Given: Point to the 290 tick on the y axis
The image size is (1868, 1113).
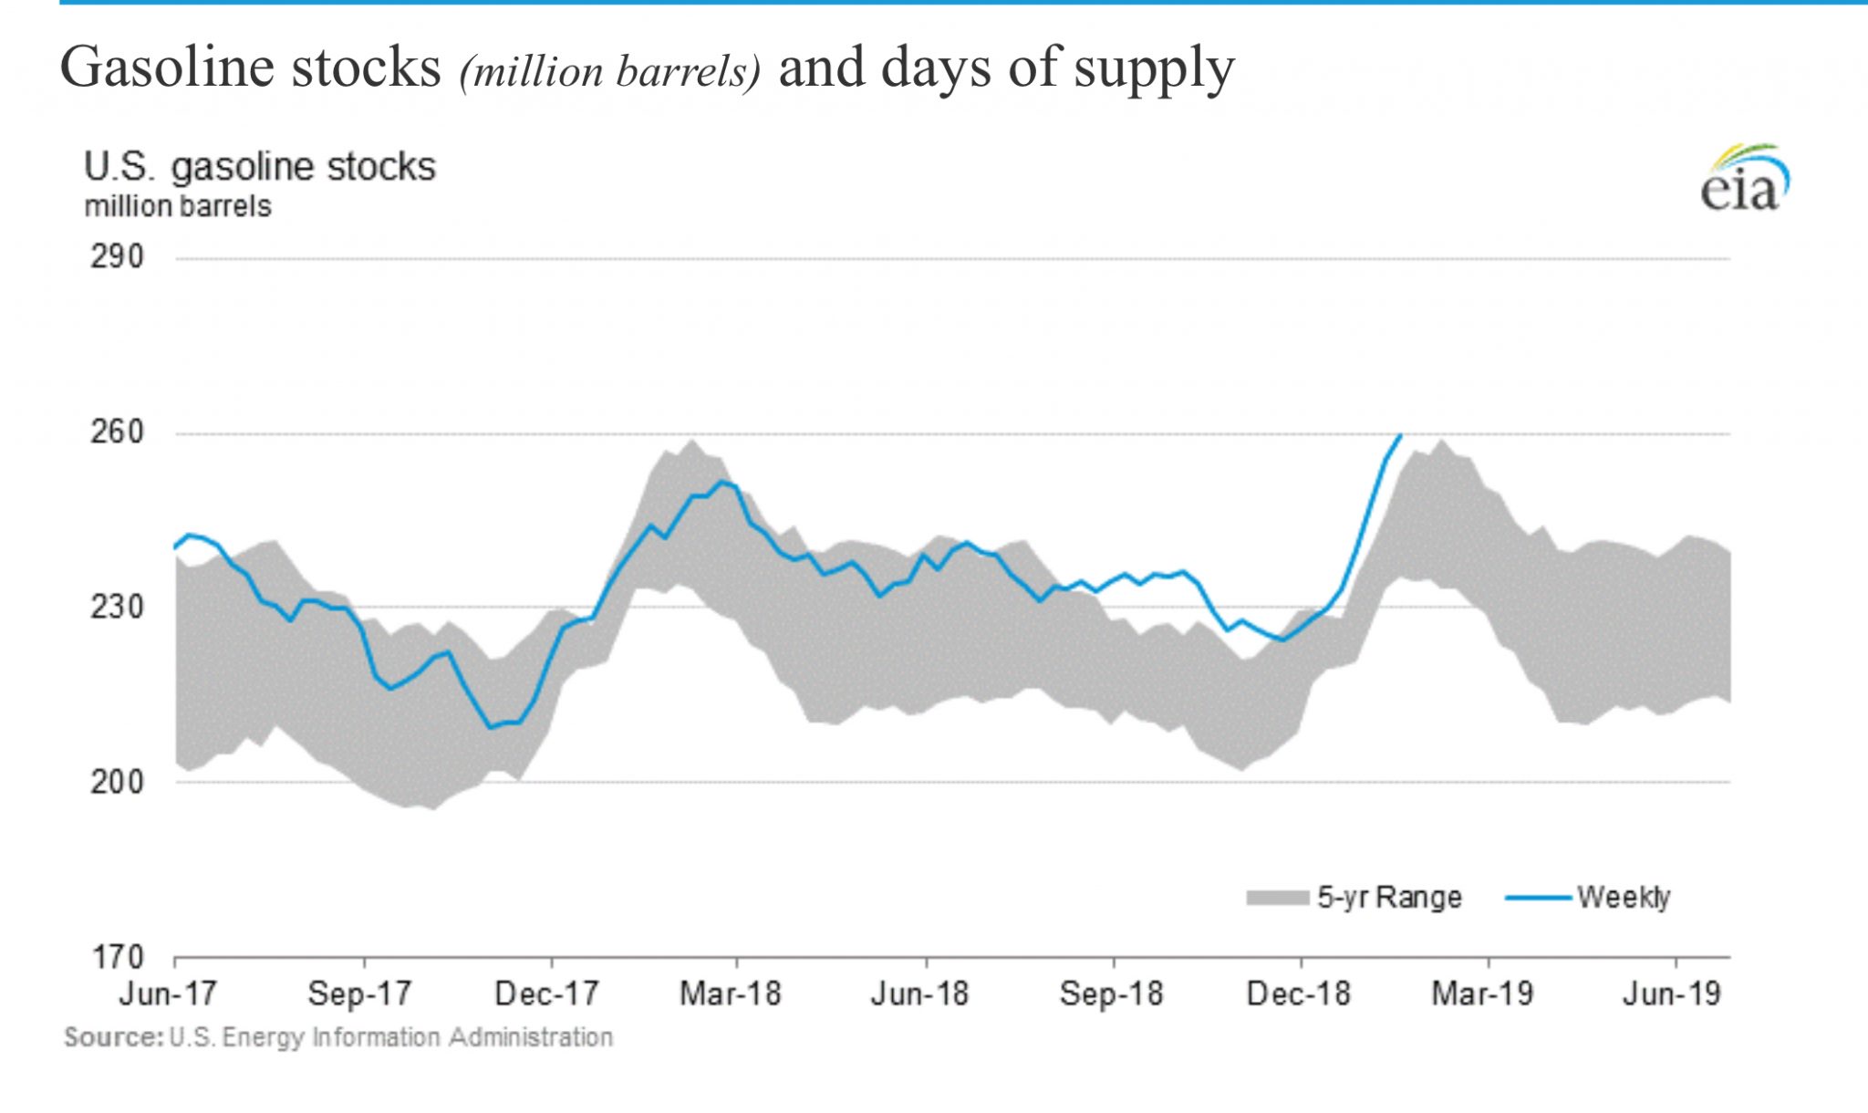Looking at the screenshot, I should pos(117,257).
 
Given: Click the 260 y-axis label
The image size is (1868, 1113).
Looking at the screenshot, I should pos(117,432).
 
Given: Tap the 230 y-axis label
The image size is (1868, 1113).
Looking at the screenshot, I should pos(117,607).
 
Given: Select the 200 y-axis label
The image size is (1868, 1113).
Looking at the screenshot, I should pos(117,782).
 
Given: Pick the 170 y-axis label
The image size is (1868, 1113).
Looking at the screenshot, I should pos(117,957).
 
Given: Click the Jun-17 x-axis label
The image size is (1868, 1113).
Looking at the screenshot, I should pos(168,993).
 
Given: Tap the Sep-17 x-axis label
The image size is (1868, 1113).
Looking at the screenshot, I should pos(359,993).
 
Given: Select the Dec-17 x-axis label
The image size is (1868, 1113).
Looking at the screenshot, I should pos(546,993).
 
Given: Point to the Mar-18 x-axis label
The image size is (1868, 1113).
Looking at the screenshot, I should pos(731,993).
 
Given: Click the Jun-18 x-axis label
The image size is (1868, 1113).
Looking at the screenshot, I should pos(919,993).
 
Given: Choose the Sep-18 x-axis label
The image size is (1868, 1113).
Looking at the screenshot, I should pos(1111,993).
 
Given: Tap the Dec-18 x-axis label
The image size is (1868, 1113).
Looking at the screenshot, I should pos(1298,993).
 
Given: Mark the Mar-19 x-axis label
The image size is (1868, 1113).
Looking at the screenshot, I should pos(1483,993).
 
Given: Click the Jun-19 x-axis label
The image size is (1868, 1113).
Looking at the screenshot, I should pos(1672,993).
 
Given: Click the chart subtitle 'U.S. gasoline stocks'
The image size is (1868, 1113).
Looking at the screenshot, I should pos(260,168).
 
